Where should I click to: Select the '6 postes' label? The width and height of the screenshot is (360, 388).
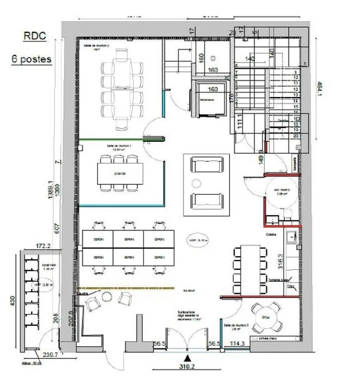click(32, 58)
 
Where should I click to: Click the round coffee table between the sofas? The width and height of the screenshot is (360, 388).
click(198, 183)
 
